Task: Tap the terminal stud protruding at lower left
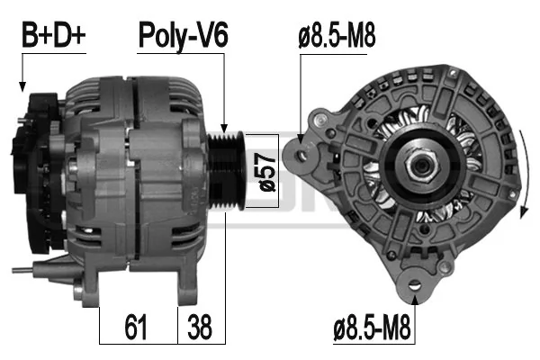pos(25,269)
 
